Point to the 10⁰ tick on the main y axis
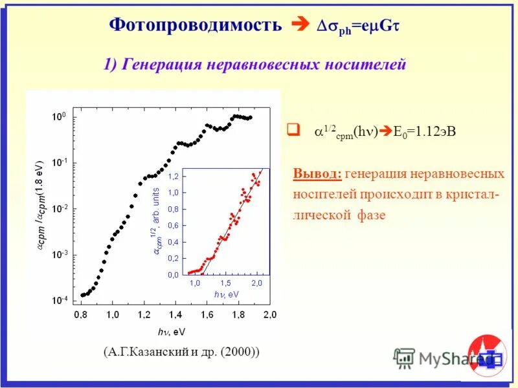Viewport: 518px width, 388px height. [x=59, y=117]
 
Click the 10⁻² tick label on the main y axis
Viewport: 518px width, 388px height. [x=59, y=208]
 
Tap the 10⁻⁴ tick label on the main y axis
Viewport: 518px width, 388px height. [x=59, y=300]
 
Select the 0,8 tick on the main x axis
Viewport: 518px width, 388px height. [x=81, y=315]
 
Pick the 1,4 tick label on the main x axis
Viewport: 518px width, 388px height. [x=175, y=315]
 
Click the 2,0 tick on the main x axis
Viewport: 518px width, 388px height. [x=269, y=315]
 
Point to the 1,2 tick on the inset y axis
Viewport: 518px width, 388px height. [x=172, y=176]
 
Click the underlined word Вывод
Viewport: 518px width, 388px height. [x=317, y=175]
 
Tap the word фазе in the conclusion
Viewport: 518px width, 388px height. [x=370, y=215]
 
